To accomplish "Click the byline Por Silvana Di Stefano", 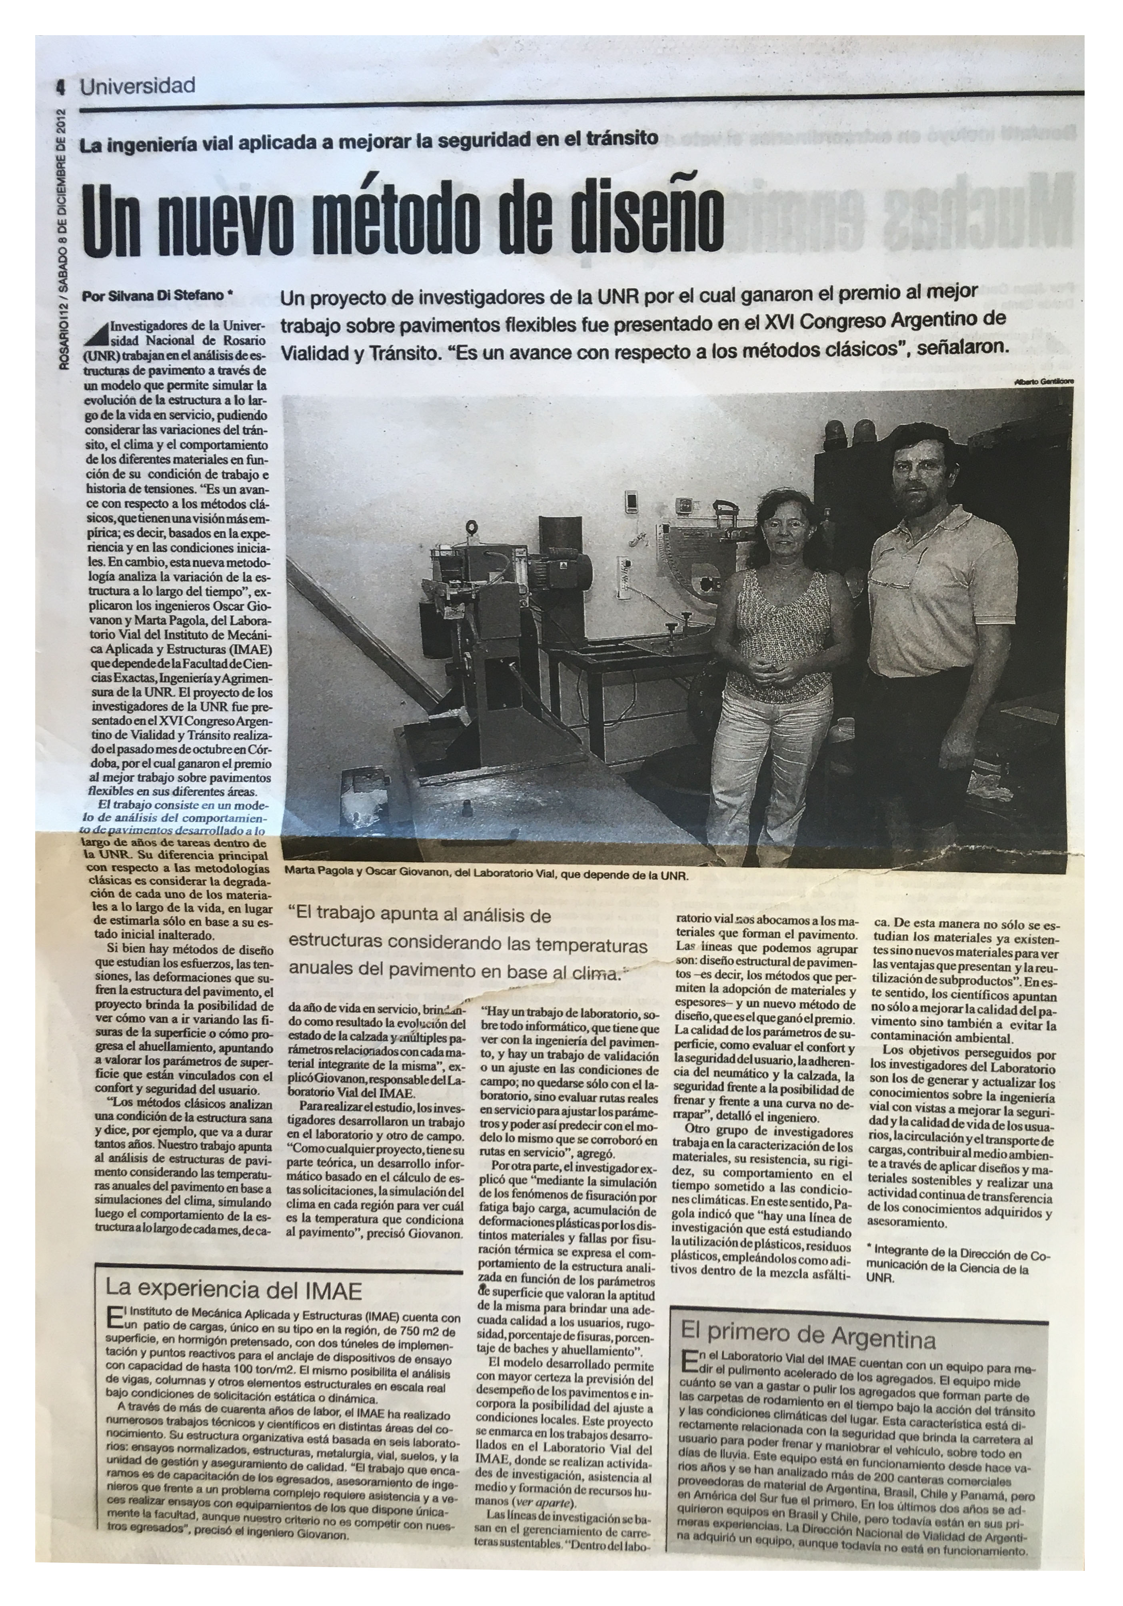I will (155, 296).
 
